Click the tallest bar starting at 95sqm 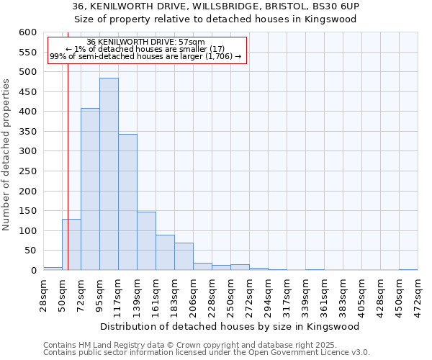[109, 174]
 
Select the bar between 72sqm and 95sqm [90, 189]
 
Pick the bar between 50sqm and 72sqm [71, 245]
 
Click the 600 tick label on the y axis [27, 32]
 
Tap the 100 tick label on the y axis [27, 231]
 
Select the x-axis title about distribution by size [230, 326]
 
